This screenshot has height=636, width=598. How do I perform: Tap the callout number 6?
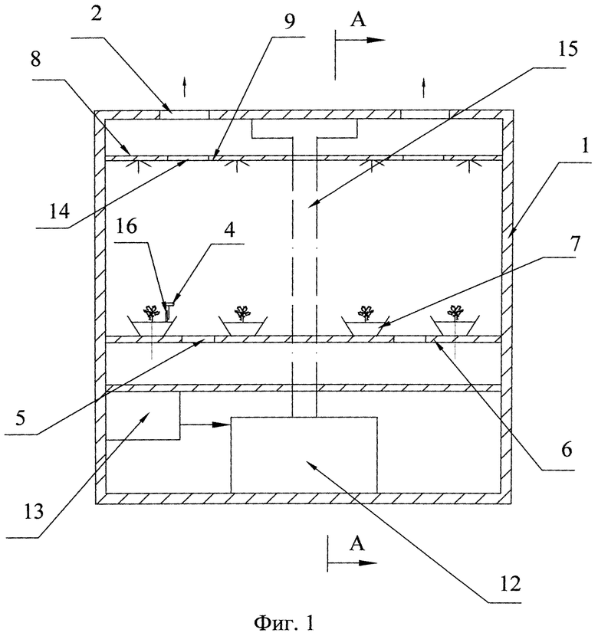pyautogui.click(x=566, y=451)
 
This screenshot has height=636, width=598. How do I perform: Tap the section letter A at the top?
pyautogui.click(x=357, y=20)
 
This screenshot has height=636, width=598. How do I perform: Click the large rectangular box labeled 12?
pyautogui.click(x=304, y=454)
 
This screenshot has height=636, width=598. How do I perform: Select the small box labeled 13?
pyautogui.click(x=143, y=415)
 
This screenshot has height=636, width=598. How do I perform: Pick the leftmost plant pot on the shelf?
pyautogui.click(x=153, y=325)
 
